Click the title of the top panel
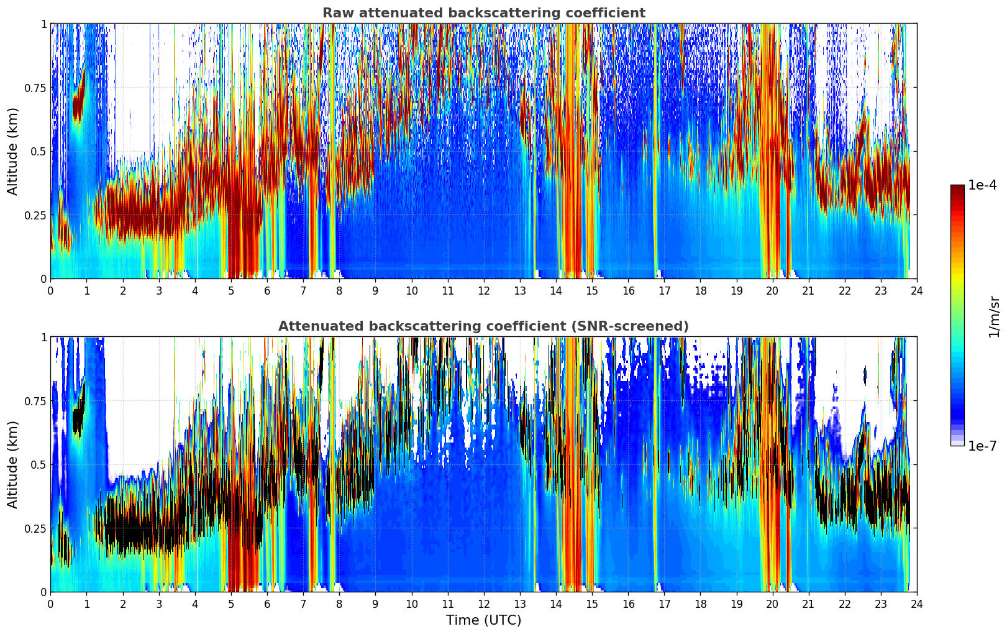tap(483, 13)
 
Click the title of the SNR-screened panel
tap(483, 326)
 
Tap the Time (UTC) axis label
tap(483, 620)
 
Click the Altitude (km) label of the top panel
tap(13, 151)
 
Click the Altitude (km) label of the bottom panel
tap(13, 464)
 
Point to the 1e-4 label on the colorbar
tap(982, 185)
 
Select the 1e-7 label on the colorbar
tap(982, 446)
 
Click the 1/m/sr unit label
tap(993, 316)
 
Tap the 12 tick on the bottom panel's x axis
tap(483, 604)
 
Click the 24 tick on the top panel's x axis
tap(916, 290)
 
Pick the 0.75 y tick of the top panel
tap(35, 88)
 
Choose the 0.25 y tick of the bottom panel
tap(35, 528)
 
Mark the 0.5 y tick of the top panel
tap(39, 151)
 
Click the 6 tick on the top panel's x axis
tap(267, 290)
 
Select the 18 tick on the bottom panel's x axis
tap(700, 604)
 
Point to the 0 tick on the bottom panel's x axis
tap(50, 604)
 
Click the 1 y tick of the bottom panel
tap(43, 337)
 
